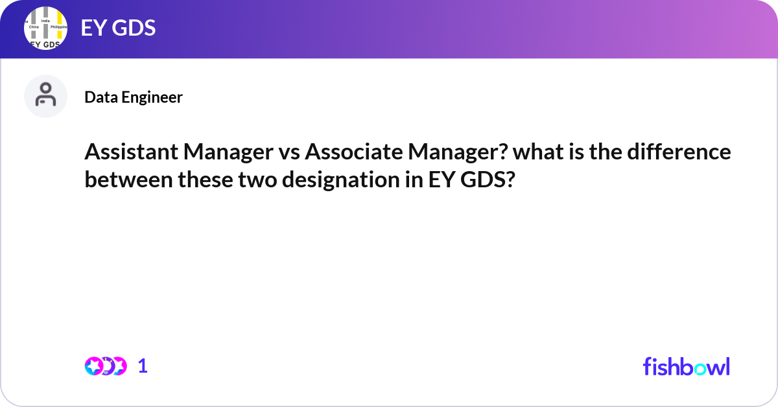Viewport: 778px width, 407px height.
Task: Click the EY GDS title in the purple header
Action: pyautogui.click(x=118, y=28)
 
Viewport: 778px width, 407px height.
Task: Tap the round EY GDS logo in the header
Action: pyautogui.click(x=45, y=28)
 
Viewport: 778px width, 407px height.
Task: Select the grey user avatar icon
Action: pyautogui.click(x=45, y=96)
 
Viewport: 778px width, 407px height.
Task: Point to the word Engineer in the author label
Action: pyautogui.click(x=152, y=98)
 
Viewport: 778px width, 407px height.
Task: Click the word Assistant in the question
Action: pyautogui.click(x=131, y=152)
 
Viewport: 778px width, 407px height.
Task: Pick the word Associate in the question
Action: pyautogui.click(x=353, y=152)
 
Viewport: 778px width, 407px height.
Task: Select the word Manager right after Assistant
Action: pyautogui.click(x=228, y=153)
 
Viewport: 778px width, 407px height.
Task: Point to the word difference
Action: pyautogui.click(x=679, y=152)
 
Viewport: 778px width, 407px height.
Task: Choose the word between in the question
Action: pyautogui.click(x=128, y=180)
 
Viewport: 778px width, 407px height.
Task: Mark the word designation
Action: pyautogui.click(x=341, y=181)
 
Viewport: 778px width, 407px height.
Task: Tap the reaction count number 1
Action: pyautogui.click(x=143, y=366)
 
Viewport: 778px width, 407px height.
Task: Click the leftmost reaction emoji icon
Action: pyautogui.click(x=94, y=366)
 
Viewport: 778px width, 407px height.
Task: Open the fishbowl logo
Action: pyautogui.click(x=687, y=366)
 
